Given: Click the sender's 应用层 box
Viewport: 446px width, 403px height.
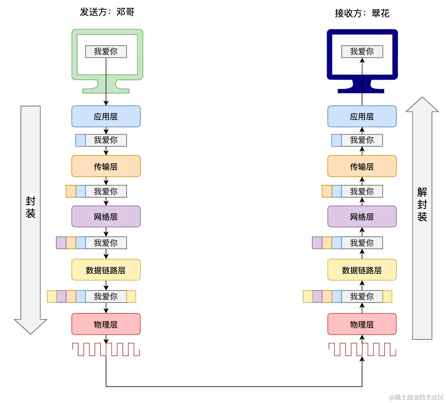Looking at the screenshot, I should [106, 116].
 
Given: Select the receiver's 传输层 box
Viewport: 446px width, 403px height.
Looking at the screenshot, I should [362, 166].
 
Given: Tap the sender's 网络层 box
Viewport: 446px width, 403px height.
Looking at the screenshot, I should [106, 217].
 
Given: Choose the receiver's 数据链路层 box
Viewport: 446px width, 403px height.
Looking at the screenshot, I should [362, 270].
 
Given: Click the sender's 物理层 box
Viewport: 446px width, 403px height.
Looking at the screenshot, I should [106, 324].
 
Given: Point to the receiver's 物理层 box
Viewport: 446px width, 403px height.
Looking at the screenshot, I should [362, 324].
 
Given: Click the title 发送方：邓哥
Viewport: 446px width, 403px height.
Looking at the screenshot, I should [107, 12].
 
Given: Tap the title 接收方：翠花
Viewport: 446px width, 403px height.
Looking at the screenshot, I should [362, 13].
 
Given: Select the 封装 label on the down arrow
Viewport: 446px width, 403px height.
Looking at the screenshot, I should [31, 207].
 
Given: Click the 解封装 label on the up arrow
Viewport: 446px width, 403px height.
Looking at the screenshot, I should [422, 204].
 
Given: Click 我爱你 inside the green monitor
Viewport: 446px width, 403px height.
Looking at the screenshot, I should [106, 51].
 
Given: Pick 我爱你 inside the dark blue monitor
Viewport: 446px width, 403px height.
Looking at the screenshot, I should [362, 51].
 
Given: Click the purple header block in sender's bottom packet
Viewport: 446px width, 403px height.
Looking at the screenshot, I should [61, 296].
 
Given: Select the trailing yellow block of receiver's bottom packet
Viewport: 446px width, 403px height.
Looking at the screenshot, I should [387, 296].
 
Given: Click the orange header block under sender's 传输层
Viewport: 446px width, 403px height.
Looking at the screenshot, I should [71, 191].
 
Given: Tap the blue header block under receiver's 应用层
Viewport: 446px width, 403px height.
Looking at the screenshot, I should [337, 140].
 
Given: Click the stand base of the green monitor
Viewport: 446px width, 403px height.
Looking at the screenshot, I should [106, 91].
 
